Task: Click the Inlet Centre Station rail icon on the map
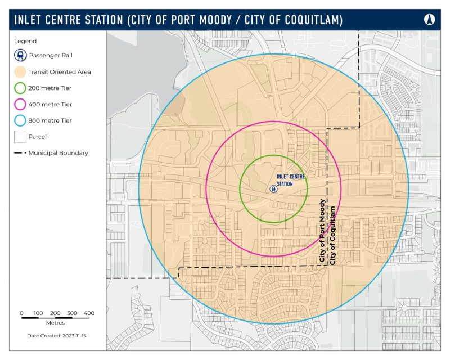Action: [273, 189]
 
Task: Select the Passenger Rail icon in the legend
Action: [20, 55]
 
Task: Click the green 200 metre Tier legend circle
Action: [20, 88]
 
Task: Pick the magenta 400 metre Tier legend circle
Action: [20, 104]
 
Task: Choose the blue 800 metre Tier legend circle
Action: [20, 120]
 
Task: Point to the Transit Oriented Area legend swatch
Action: [20, 71]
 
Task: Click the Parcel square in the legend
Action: [20, 136]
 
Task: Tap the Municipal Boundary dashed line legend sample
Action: [20, 152]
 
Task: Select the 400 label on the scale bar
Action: [89, 313]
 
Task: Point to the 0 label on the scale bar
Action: [21, 313]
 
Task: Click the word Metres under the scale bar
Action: [55, 323]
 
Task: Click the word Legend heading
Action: [25, 41]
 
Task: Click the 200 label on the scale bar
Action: [55, 313]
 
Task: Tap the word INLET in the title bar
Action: [28, 20]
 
